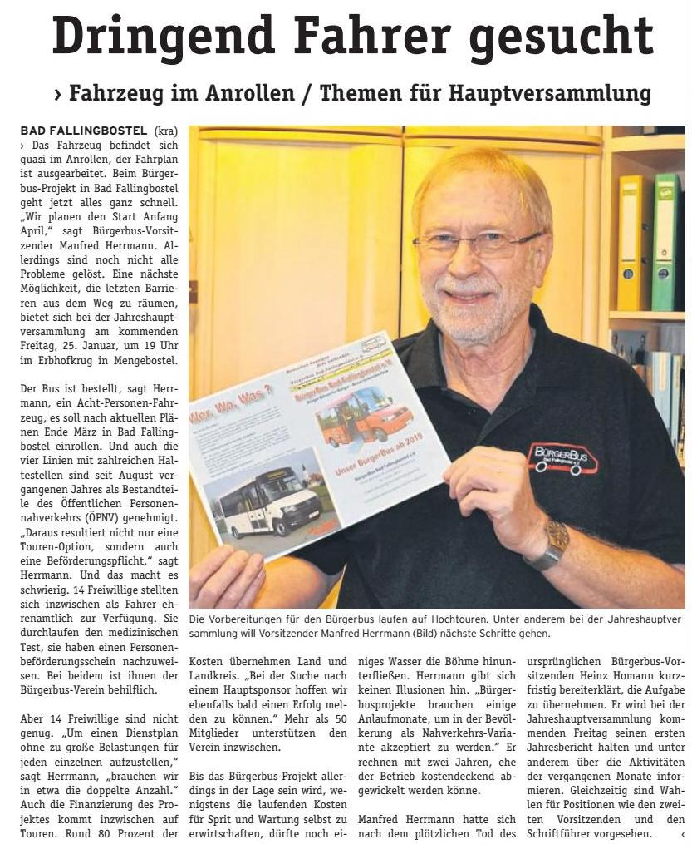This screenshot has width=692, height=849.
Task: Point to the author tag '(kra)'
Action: pyautogui.click(x=166, y=131)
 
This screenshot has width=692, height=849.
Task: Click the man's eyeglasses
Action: pyautogui.click(x=477, y=243)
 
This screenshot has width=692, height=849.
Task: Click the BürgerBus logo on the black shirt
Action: pyautogui.click(x=562, y=457)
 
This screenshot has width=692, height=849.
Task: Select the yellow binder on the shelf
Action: pyautogui.click(x=634, y=242)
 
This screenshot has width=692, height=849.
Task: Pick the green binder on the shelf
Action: pyautogui.click(x=665, y=242)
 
